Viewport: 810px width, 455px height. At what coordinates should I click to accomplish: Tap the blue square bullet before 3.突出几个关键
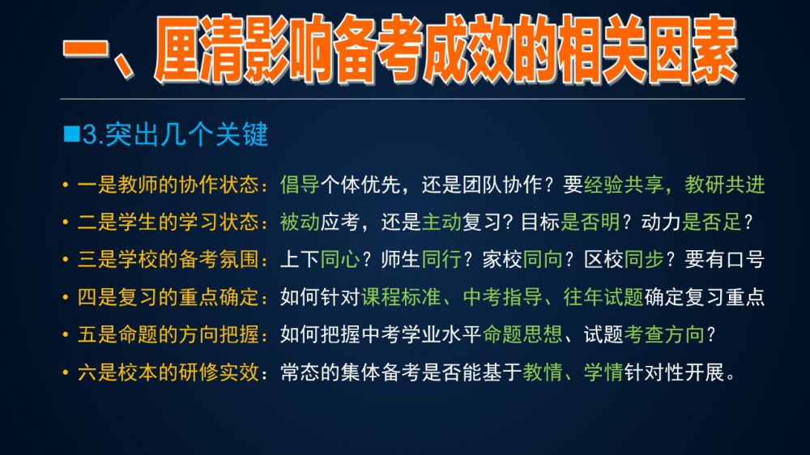tap(71, 134)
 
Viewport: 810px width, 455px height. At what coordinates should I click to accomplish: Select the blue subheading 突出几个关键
tap(186, 134)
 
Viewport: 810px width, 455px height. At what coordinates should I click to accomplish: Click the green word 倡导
tap(300, 185)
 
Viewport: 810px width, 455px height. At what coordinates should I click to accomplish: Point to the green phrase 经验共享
tap(624, 185)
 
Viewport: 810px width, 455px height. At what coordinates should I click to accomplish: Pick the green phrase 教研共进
tap(725, 185)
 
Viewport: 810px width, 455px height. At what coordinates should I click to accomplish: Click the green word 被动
tap(300, 222)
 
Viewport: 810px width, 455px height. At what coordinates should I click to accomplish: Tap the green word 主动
tap(441, 222)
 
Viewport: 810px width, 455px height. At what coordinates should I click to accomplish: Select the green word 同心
tap(340, 259)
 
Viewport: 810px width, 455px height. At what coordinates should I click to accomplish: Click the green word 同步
tap(644, 259)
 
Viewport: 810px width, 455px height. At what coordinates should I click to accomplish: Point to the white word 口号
tap(745, 259)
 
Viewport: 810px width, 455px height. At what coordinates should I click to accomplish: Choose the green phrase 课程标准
tap(401, 297)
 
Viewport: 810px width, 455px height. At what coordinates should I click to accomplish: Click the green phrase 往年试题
tap(603, 297)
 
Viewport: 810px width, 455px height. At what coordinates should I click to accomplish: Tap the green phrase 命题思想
tap(522, 334)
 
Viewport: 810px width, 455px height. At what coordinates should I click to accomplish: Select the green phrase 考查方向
tap(664, 334)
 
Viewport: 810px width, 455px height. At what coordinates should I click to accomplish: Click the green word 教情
tap(543, 372)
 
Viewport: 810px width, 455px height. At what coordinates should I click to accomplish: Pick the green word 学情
tap(603, 372)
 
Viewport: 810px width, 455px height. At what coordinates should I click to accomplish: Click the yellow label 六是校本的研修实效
tap(168, 372)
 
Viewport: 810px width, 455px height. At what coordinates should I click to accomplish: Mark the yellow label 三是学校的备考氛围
tap(168, 259)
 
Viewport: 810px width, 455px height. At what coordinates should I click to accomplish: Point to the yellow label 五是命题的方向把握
tap(168, 334)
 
